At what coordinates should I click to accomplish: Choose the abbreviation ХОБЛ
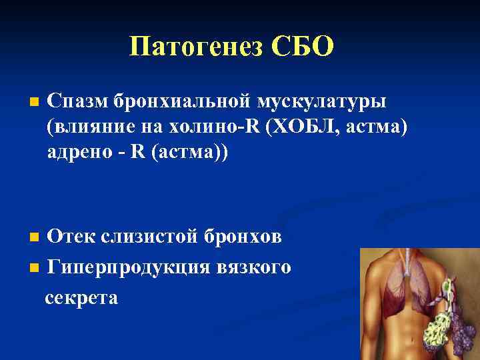(303, 127)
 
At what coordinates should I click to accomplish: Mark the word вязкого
(253, 267)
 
